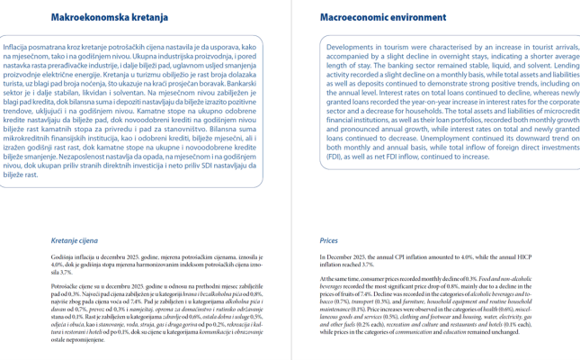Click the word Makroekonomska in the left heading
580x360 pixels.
(80, 17)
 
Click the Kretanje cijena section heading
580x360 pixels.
(76, 241)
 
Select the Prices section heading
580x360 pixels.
(329, 241)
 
